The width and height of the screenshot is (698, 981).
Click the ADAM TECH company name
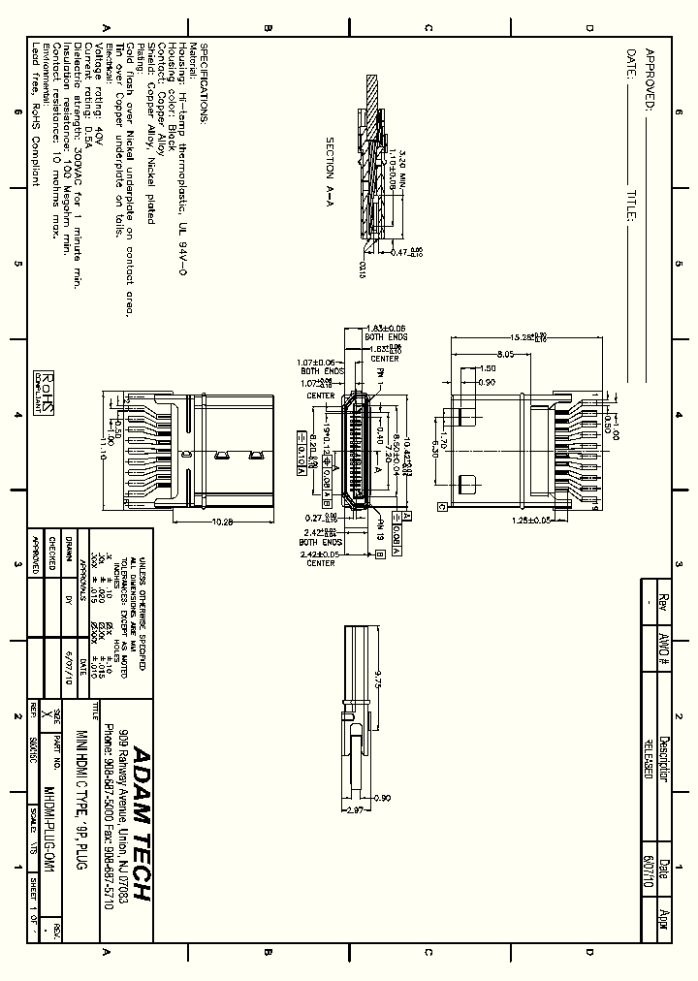point(141,824)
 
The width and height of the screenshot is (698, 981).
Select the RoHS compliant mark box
point(44,392)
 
